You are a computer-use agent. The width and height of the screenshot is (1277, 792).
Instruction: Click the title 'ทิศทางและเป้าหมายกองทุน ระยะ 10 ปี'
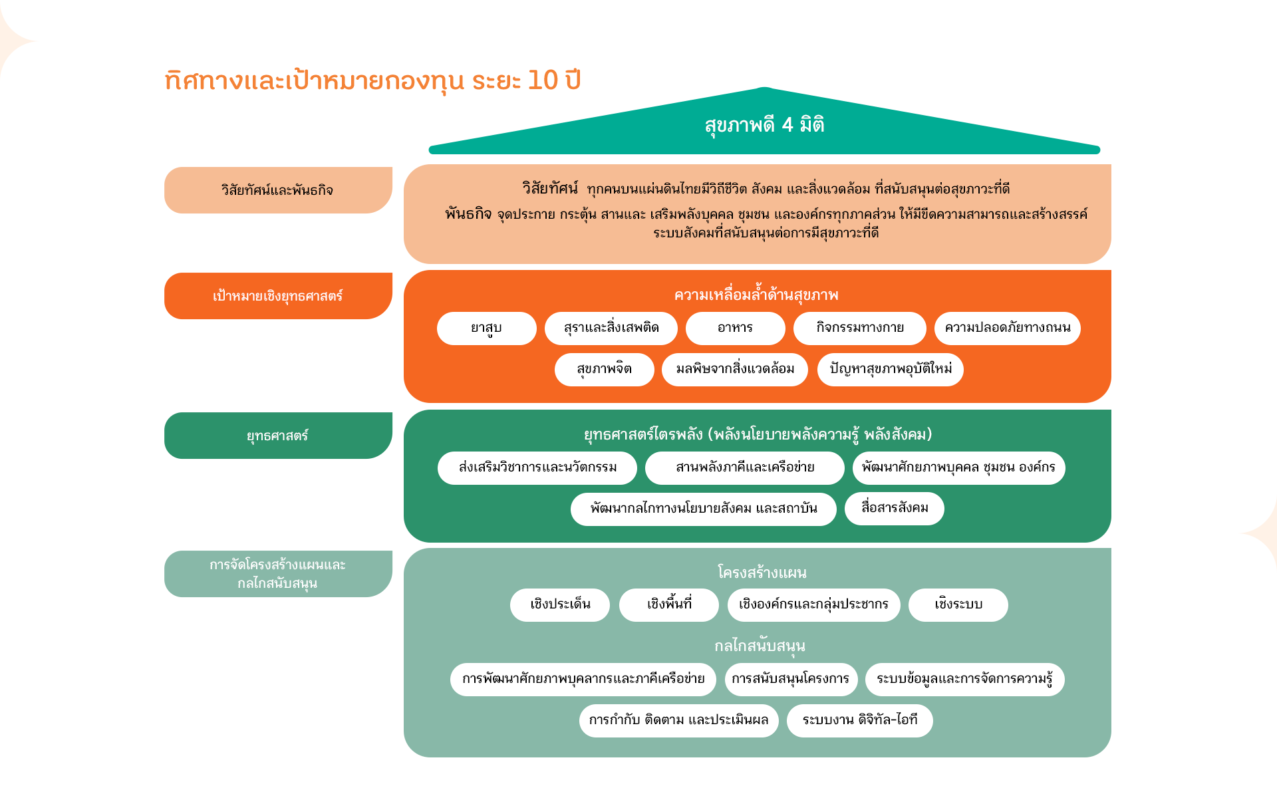[x=372, y=81]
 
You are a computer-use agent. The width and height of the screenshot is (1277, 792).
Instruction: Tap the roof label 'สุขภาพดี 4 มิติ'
[x=764, y=125]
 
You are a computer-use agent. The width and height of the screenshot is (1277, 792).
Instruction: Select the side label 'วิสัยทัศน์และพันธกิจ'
[x=278, y=190]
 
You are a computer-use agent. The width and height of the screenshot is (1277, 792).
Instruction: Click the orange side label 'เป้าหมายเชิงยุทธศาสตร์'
[x=278, y=296]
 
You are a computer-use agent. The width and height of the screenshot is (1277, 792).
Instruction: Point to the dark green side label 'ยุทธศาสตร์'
[x=278, y=436]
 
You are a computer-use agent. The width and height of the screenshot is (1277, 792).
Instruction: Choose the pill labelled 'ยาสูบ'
[x=487, y=329]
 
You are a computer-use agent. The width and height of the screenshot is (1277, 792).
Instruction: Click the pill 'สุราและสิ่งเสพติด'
[x=611, y=329]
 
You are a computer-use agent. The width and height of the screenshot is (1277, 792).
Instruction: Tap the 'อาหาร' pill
[x=736, y=329]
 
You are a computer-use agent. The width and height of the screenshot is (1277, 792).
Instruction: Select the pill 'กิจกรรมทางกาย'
[x=860, y=329]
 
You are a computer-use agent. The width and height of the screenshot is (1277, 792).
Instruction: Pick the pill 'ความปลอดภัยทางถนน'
[x=1008, y=329]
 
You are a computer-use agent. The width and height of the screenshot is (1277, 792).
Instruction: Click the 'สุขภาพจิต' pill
[x=605, y=370]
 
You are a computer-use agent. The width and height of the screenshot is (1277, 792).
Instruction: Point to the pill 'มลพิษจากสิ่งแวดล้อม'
[x=735, y=370]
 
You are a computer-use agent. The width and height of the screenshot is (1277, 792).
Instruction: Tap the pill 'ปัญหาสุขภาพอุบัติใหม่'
[x=891, y=370]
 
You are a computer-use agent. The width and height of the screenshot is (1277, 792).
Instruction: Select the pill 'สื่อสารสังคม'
[x=895, y=509]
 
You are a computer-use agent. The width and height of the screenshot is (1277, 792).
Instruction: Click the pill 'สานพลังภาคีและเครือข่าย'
[x=745, y=468]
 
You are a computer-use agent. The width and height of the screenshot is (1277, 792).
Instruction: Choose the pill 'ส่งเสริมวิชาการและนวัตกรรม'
[x=537, y=468]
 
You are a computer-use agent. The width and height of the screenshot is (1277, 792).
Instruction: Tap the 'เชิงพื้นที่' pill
[x=669, y=605]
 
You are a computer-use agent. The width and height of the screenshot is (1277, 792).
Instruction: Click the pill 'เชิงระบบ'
[x=958, y=605]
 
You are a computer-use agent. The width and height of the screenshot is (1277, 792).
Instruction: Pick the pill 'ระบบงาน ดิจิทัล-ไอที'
[x=860, y=721]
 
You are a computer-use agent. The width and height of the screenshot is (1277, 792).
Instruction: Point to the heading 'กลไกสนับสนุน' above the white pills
[x=760, y=646]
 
